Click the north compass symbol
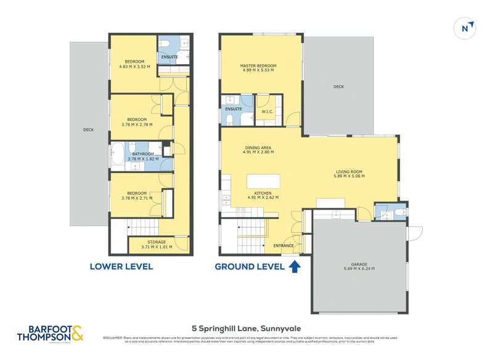tap(467, 28)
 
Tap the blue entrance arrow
tap(295, 266)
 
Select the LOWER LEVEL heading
tap(121, 267)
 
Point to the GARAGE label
tap(359, 263)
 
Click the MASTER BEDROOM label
tap(258, 66)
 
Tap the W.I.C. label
tap(267, 112)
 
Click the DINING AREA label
tap(259, 148)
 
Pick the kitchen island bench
tap(263, 181)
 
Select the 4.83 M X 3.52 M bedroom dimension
tap(135, 67)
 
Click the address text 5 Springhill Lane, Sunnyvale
tap(246, 328)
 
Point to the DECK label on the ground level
tap(338, 87)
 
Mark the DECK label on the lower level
tap(89, 129)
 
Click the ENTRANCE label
tap(283, 245)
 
